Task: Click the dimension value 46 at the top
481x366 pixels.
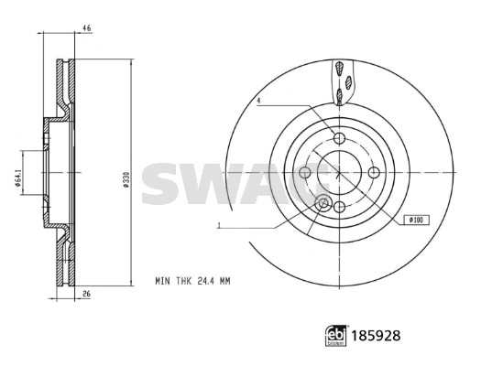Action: pyautogui.click(x=87, y=28)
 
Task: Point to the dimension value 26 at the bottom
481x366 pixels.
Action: pyautogui.click(x=87, y=294)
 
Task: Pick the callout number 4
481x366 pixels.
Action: pyautogui.click(x=259, y=101)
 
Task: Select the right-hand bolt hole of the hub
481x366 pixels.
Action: pyautogui.click(x=374, y=172)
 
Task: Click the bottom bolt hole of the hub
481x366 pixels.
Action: pyautogui.click(x=339, y=206)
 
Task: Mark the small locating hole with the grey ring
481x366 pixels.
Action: pyautogui.click(x=322, y=203)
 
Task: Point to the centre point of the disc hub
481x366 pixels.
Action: pyautogui.click(x=340, y=172)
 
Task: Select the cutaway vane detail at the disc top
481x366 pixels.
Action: pyautogui.click(x=341, y=82)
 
